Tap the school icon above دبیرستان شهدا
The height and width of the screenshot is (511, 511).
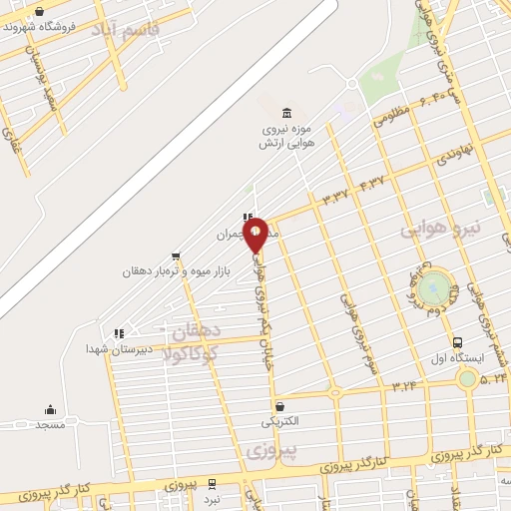coord(118,333)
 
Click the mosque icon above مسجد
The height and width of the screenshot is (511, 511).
coord(50,409)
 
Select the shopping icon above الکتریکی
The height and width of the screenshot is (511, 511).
coord(278,406)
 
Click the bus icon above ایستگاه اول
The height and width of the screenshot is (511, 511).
coord(457,341)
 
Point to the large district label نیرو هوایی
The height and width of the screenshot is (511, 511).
coord(440,230)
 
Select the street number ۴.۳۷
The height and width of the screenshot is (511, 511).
coord(371,183)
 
